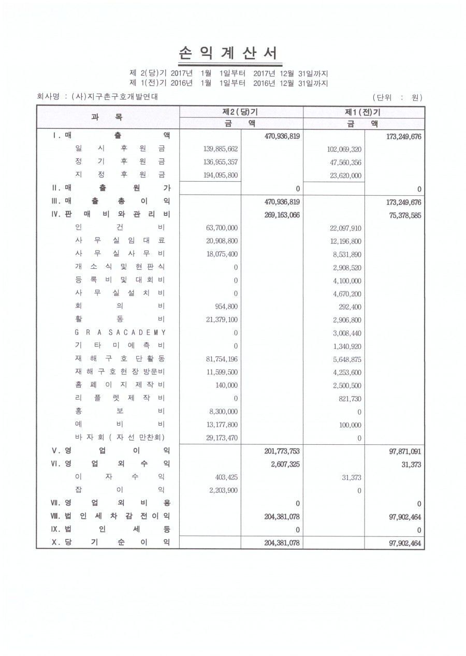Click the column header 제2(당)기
[241, 112]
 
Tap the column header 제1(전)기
[363, 112]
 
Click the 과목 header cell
[108, 118]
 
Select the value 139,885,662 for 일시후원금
[218, 149]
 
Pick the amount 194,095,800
[218, 175]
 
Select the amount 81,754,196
[220, 358]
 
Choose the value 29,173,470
[220, 438]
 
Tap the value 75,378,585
[403, 214]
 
